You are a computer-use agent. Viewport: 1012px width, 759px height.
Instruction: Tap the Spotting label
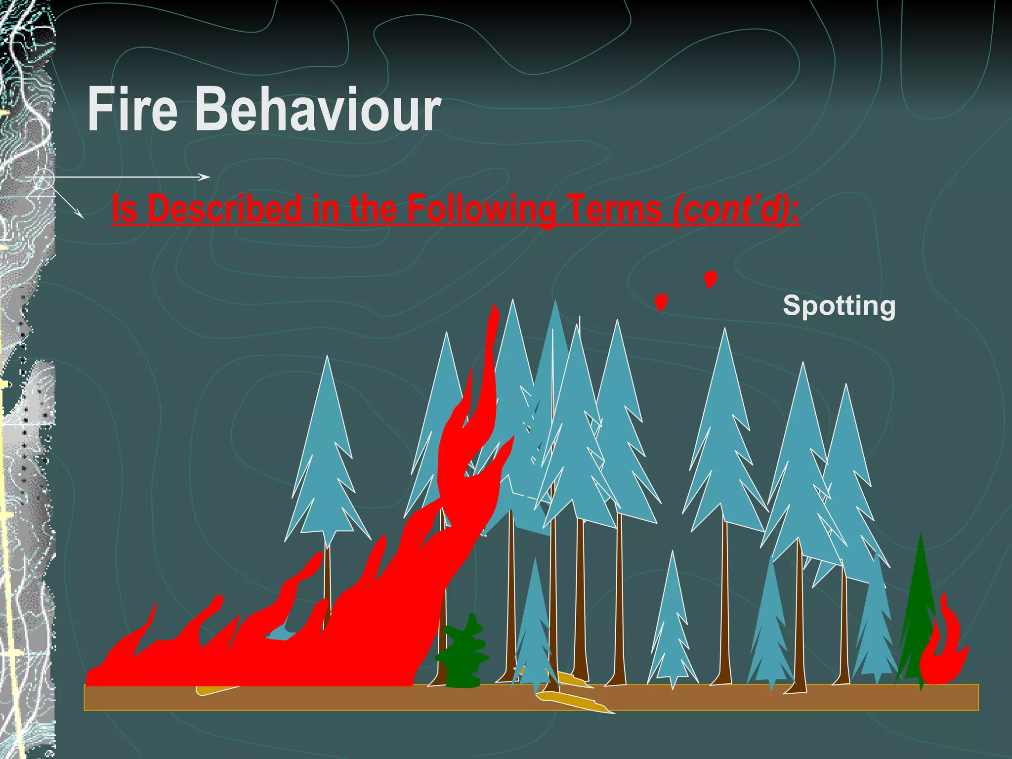tap(839, 305)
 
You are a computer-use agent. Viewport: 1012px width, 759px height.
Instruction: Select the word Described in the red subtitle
tap(225, 209)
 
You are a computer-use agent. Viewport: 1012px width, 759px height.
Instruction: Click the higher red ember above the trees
tap(710, 279)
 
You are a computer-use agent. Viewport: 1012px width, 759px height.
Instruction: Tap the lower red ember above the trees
tap(661, 301)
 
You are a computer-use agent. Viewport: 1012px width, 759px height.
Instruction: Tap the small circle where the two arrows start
tap(44, 178)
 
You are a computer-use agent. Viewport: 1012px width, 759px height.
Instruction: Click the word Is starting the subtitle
tap(124, 209)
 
